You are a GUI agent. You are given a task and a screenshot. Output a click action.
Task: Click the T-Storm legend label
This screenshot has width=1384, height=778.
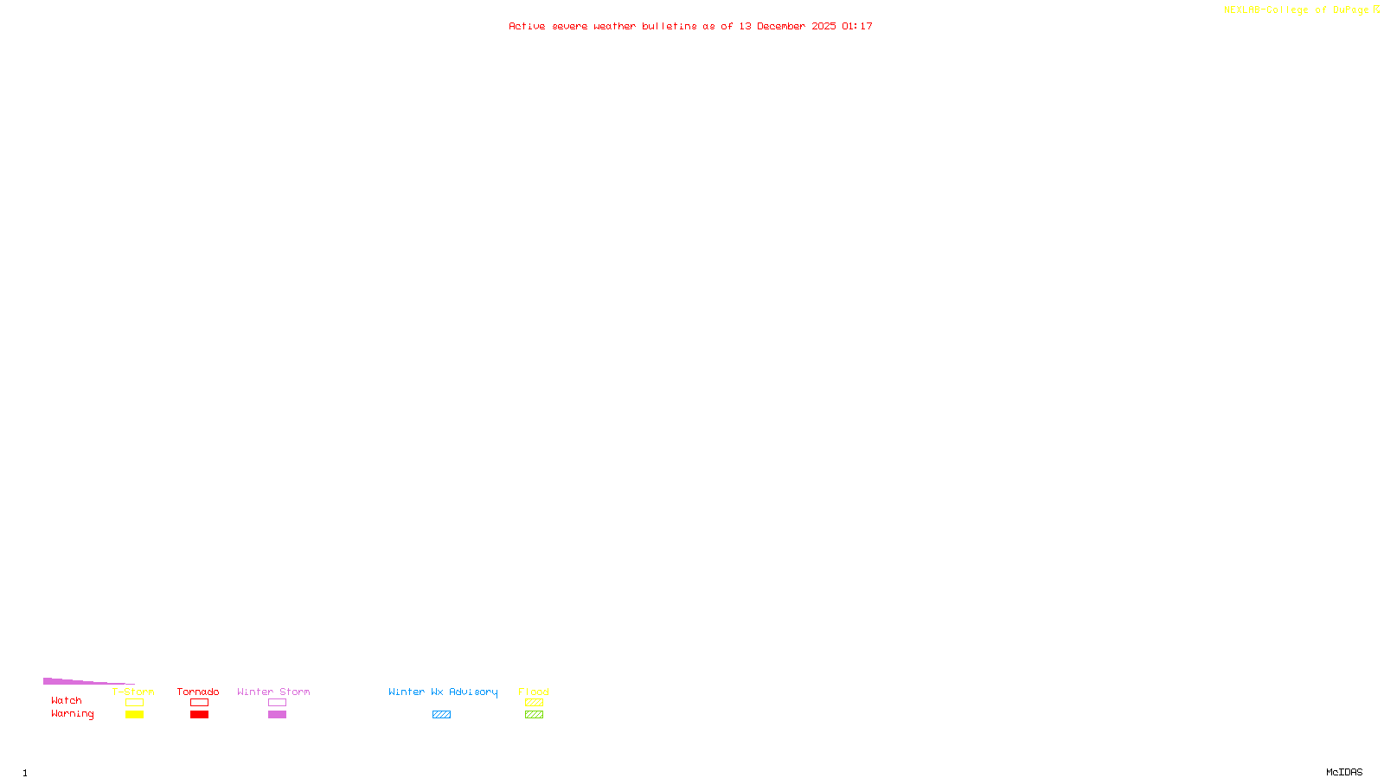[133, 692]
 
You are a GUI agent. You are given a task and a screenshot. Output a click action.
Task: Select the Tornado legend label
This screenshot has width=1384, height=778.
[198, 692]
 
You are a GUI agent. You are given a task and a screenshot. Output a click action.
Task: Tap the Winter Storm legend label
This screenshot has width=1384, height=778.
[273, 692]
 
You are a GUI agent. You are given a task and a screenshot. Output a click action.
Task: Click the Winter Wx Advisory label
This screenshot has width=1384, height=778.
[443, 692]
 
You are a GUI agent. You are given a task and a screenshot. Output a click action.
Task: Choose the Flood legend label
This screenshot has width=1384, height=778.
[534, 692]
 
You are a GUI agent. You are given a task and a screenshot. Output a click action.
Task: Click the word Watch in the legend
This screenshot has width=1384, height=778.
[67, 700]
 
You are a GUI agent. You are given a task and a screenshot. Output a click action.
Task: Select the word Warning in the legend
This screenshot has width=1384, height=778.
[73, 714]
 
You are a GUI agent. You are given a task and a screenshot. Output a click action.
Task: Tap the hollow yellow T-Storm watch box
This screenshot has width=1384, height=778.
[134, 703]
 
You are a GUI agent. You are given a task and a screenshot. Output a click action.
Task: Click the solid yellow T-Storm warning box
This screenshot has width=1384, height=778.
[134, 715]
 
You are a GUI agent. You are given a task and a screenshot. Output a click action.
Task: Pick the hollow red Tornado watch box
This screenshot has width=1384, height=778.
[199, 703]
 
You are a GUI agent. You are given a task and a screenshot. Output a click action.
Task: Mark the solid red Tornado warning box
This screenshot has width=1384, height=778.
[199, 715]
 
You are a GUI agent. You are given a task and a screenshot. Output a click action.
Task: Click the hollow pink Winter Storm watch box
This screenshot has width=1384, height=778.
[277, 703]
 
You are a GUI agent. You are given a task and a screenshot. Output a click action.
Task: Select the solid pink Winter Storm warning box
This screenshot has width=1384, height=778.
[277, 715]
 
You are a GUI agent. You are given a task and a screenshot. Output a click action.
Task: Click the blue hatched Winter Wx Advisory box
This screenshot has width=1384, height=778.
[441, 715]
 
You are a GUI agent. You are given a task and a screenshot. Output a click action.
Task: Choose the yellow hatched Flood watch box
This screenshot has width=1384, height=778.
[534, 703]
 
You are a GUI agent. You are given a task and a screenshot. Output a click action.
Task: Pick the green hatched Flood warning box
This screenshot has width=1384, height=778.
[534, 715]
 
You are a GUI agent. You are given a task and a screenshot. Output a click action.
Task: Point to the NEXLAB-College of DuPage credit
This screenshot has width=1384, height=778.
[1297, 10]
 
